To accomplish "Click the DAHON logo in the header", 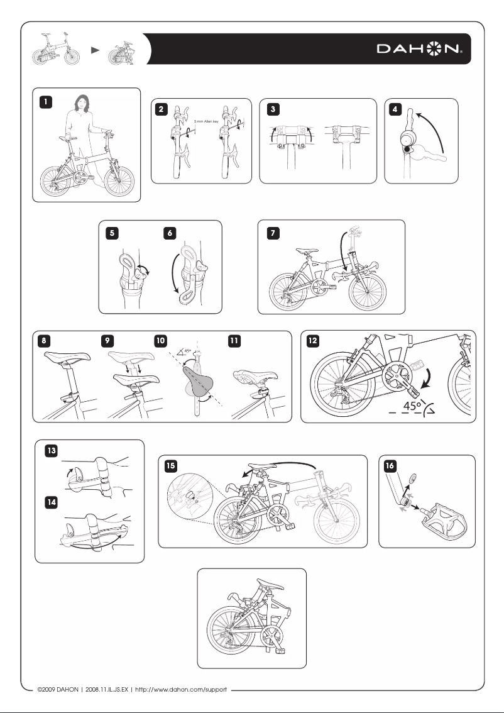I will [x=420, y=49].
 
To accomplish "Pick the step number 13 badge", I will [x=51, y=450].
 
